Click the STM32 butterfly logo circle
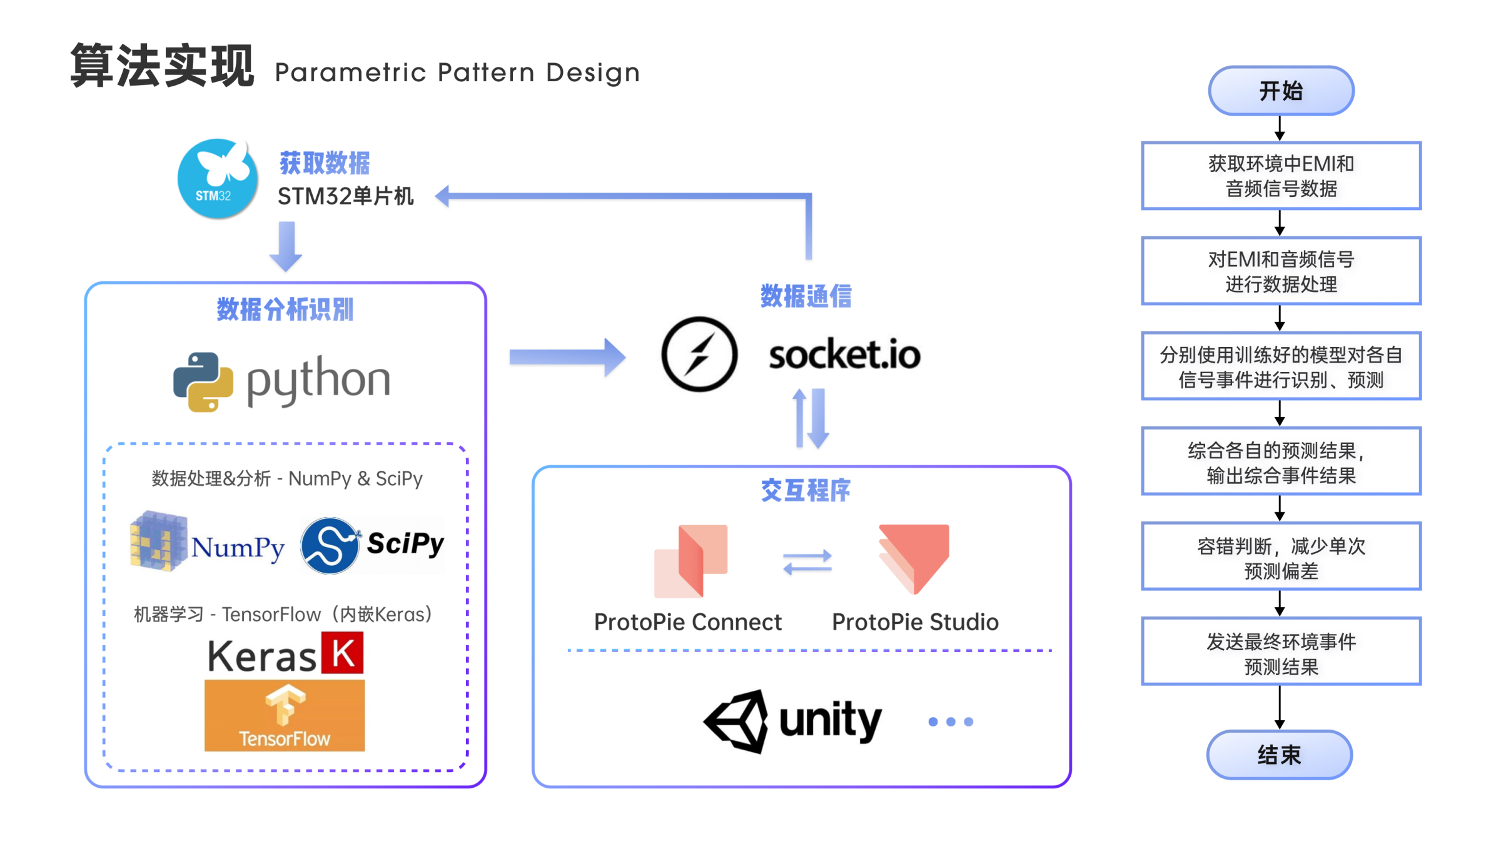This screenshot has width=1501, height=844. (x=217, y=179)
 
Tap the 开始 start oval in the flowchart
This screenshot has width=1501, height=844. (x=1281, y=91)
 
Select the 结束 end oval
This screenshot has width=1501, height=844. (x=1280, y=755)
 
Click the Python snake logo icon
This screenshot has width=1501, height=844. (x=203, y=381)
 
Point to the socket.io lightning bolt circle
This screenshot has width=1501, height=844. (x=699, y=354)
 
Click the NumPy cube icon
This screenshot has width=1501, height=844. (x=158, y=541)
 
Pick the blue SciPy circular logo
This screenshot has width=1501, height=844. (x=330, y=545)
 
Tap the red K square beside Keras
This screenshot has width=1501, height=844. (x=342, y=653)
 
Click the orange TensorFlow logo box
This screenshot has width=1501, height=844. (x=285, y=715)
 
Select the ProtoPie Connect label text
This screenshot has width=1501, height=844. (x=687, y=622)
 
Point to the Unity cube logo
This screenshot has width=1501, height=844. (x=737, y=721)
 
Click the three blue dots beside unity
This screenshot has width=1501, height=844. (x=951, y=721)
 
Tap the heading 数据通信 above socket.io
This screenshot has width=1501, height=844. (x=806, y=296)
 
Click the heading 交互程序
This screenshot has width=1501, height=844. (x=806, y=490)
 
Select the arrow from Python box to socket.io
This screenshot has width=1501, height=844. (x=566, y=357)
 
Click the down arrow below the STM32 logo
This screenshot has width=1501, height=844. (x=286, y=246)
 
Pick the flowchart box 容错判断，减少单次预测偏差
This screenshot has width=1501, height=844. (x=1281, y=556)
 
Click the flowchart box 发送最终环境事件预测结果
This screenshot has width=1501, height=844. (x=1281, y=651)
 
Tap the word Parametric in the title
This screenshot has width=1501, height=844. (x=350, y=73)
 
